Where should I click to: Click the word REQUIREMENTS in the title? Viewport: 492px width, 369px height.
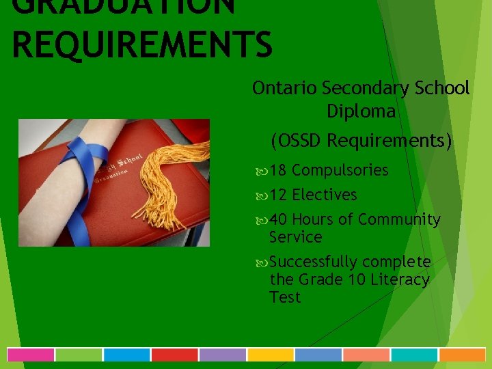point(142,44)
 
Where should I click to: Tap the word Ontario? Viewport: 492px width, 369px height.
point(284,88)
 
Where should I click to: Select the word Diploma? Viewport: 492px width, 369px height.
point(361,111)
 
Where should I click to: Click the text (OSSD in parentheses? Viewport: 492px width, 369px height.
point(297,141)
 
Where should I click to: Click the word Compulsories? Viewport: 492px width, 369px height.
point(340,170)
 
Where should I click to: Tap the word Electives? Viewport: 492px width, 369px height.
point(324,195)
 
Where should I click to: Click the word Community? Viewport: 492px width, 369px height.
point(399,219)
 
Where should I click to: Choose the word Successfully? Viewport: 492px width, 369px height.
point(314,262)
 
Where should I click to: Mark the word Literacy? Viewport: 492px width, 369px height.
point(400,279)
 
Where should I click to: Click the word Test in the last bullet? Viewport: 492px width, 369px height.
point(285,297)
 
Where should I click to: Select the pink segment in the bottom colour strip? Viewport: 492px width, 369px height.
point(31,355)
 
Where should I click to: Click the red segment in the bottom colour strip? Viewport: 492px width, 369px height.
point(174,355)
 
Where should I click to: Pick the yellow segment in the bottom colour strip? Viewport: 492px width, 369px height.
point(270,355)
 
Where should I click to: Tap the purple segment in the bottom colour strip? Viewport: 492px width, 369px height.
point(222,355)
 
